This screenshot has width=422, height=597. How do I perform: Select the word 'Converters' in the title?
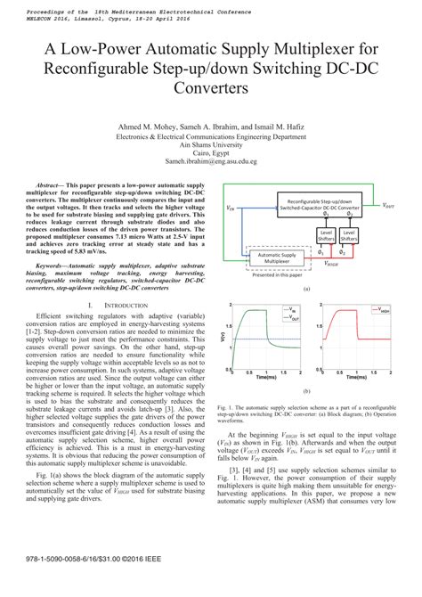tap(210, 89)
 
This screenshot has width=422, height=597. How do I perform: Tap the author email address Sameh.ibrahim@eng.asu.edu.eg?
tap(210, 162)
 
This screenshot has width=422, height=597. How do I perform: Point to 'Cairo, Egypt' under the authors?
tap(210, 154)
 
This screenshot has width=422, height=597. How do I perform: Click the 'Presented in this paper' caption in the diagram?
tap(277, 275)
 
